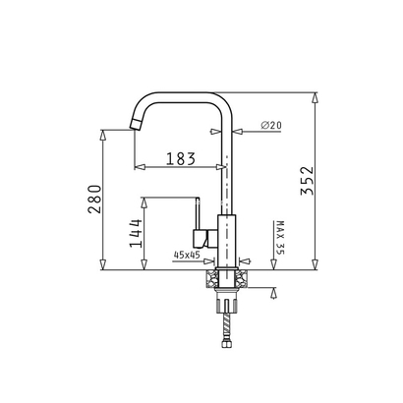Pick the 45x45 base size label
(186, 256)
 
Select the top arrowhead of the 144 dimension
(144, 200)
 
